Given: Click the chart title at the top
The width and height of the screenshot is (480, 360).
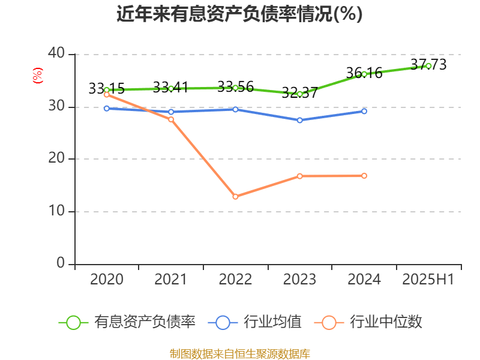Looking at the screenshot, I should click(x=239, y=14).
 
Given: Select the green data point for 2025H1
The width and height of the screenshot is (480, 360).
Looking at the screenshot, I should click(x=428, y=65).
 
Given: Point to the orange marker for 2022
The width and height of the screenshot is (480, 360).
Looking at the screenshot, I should click(x=235, y=197).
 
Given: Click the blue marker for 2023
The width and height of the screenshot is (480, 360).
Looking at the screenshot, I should click(x=299, y=120).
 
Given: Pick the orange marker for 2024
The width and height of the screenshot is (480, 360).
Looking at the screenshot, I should click(x=364, y=176).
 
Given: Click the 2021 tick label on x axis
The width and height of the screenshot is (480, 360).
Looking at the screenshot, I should click(x=171, y=280).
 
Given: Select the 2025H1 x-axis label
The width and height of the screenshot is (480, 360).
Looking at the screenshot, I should click(x=428, y=280).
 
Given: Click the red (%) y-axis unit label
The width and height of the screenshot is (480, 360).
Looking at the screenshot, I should click(x=38, y=76).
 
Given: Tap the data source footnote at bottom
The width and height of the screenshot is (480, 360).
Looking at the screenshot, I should click(x=239, y=353).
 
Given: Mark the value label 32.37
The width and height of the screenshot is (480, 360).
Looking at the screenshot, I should click(x=299, y=93).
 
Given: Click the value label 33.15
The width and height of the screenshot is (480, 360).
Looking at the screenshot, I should click(x=106, y=89).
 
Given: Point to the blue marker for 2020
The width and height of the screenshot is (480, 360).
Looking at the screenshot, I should click(x=107, y=109).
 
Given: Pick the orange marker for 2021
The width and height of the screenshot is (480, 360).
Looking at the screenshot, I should click(x=171, y=119).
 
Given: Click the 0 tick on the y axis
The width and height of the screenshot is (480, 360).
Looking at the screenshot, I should click(x=61, y=263).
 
